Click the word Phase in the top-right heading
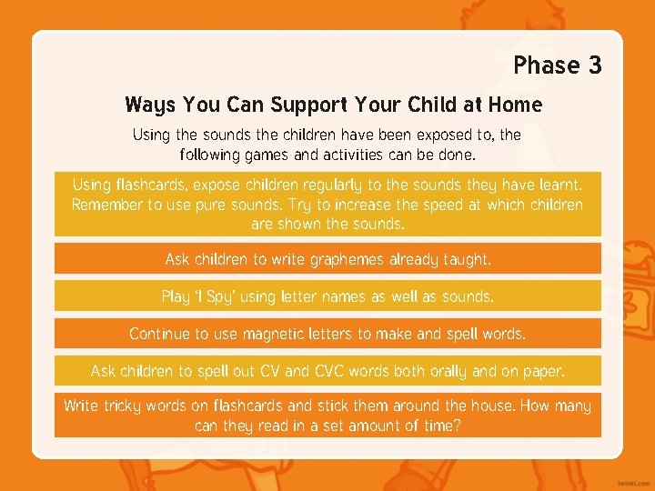pyautogui.click(x=547, y=65)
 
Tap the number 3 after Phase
pyautogui.click(x=595, y=65)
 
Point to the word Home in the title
pyautogui.click(x=515, y=105)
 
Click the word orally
pyautogui.click(x=467, y=371)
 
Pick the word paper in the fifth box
pyautogui.click(x=543, y=371)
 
